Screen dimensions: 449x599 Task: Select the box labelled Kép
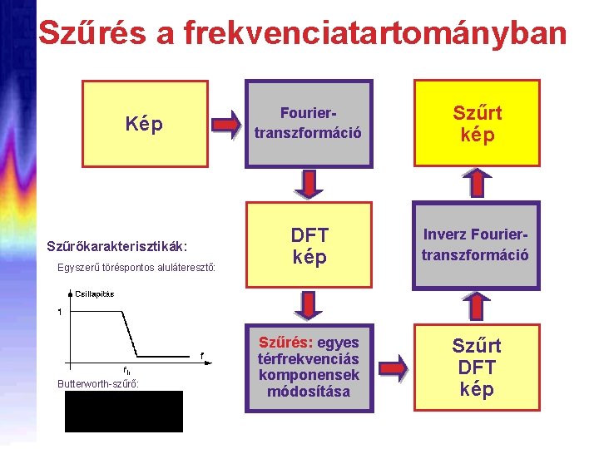point(144,125)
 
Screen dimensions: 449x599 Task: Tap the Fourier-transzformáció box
point(309,122)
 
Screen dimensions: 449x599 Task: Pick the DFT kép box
point(309,246)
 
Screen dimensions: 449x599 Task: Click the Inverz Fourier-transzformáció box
point(476,245)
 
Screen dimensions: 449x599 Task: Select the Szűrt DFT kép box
point(476,368)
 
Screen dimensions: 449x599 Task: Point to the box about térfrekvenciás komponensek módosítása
point(309,367)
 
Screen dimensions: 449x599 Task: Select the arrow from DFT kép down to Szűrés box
point(308,306)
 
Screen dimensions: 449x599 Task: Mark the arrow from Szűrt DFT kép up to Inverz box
point(474,306)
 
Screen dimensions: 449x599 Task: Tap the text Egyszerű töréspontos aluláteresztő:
point(137,268)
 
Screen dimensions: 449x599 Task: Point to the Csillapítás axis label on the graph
point(95,294)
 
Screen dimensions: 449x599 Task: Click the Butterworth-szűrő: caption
point(97,383)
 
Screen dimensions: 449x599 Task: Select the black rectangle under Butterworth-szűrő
point(124,411)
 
